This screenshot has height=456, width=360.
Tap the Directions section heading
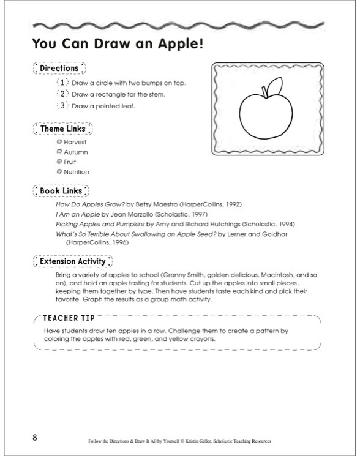point(59,69)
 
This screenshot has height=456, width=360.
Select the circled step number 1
point(61,83)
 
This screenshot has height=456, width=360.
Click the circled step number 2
point(61,94)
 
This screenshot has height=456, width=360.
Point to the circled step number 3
point(61,105)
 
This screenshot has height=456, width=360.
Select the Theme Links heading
point(62,129)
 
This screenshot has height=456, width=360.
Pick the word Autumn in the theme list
point(75,152)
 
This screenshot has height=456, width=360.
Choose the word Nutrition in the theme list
point(77,172)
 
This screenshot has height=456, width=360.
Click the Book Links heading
point(61,192)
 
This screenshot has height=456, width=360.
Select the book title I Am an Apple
point(78,215)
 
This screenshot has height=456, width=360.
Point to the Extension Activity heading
point(73,262)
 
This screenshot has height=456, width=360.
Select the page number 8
point(36,437)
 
